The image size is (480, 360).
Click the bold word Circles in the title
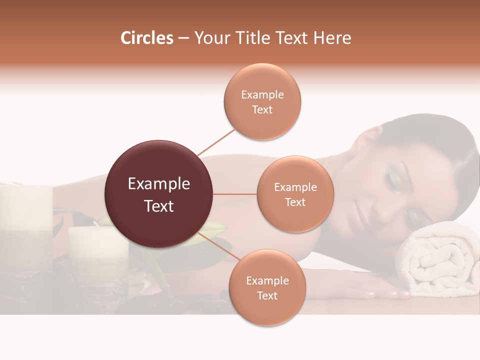pyautogui.click(x=146, y=38)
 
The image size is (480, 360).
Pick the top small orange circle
pyautogui.click(x=262, y=101)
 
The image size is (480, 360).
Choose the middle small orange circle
pyautogui.click(x=295, y=194)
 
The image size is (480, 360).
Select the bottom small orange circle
pyautogui.click(x=267, y=287)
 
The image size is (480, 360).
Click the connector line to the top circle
pyautogui.click(x=216, y=141)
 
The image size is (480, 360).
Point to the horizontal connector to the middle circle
pyautogui.click(x=235, y=194)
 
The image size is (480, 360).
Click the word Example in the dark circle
pyautogui.click(x=159, y=184)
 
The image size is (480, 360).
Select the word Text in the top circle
pyautogui.click(x=262, y=109)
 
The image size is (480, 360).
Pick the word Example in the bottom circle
pyautogui.click(x=267, y=280)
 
